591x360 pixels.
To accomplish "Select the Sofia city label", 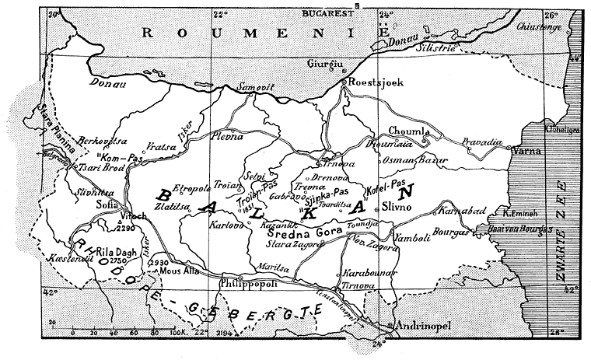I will pos(107,204).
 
